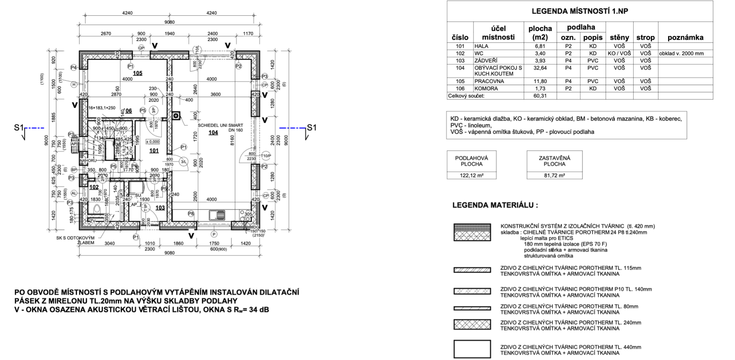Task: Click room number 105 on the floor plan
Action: coord(137,73)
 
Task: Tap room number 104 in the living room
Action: coord(213,133)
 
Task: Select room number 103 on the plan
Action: coord(160,208)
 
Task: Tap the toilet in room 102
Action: coord(97,209)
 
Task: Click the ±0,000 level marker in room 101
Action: coord(153,142)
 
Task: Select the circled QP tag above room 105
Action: coord(141,48)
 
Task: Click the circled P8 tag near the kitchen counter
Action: coord(191,213)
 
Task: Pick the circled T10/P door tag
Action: coord(266,156)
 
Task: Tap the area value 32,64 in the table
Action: coord(540,68)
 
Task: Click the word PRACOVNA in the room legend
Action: coord(489,81)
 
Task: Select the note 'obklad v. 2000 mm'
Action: coord(681,54)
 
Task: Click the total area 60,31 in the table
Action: coord(540,96)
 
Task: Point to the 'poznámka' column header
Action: coord(685,38)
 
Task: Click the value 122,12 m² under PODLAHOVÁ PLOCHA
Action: coord(471,175)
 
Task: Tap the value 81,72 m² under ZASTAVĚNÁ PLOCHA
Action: coord(554,175)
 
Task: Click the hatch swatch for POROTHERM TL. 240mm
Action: coord(472,325)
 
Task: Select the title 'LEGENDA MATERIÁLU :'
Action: coord(495,205)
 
